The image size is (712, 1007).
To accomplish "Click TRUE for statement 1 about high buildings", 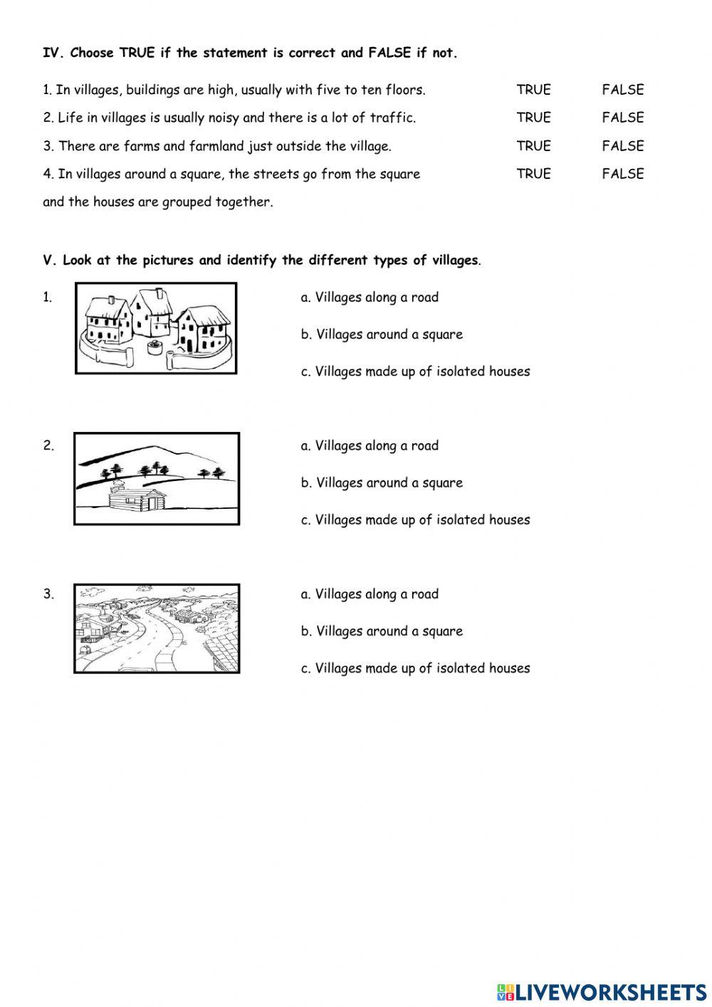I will pos(533,90).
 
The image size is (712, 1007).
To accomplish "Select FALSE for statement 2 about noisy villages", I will pos(622,118).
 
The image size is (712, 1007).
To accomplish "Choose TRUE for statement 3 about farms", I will pos(533,146).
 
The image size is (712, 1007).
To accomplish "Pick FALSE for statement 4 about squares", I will pos(622,174).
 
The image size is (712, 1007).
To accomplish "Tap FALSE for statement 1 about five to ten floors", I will pos(622,90).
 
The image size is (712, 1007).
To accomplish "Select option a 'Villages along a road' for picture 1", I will pos(370,297).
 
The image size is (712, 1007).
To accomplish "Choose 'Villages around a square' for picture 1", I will pos(382,334).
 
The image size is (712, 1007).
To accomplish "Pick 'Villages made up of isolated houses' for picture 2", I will pos(415,520).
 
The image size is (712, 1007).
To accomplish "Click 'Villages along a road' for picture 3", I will pos(370,594).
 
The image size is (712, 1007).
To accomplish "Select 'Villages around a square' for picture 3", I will pos(382,631).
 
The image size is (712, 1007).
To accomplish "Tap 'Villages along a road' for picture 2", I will pos(370,445).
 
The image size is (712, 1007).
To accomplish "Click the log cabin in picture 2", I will pos(137,499).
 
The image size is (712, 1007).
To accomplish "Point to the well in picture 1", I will pos(153,348).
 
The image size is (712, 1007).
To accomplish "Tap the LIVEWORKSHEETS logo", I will pos(602,991).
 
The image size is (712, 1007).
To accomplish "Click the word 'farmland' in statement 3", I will pos(216,146).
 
